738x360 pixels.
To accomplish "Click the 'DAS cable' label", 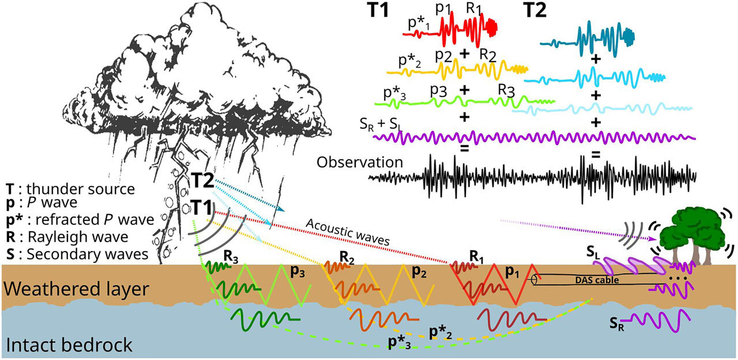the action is pos(597,280).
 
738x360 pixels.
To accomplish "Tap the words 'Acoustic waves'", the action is pos(348,232).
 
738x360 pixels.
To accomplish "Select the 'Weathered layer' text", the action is pos(77,290).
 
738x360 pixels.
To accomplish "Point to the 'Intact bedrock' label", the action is pos(69,345).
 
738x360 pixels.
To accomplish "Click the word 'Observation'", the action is pos(360,163).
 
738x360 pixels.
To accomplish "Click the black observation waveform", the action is pos(532,177).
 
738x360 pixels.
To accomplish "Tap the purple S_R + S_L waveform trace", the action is pos(534,138).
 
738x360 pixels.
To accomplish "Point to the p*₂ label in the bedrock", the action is pos(440,333).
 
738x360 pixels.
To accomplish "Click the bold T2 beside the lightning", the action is pos(203,181).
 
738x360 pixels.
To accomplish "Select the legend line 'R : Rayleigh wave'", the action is pos(67,237).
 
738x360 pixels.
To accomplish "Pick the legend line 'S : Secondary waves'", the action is pos(77,254).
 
